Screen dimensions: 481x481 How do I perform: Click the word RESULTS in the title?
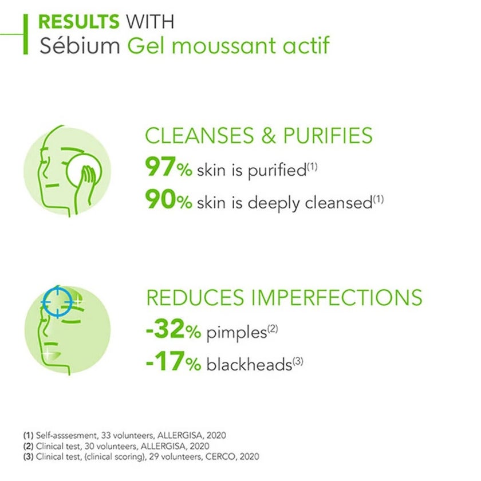tap(79, 22)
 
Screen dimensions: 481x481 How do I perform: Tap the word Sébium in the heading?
tap(80, 45)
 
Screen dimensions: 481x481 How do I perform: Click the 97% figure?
tap(169, 167)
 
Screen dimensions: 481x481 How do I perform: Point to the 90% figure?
tap(169, 199)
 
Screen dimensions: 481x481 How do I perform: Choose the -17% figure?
tap(174, 361)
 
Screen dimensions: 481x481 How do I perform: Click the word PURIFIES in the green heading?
tap(328, 136)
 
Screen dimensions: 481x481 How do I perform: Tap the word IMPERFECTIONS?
tap(337, 297)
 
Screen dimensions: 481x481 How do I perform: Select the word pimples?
tap(236, 333)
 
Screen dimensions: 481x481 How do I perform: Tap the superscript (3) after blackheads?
tap(298, 361)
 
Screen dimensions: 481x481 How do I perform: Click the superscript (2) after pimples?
tap(273, 329)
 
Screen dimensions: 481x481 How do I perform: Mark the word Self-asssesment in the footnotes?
tap(66, 435)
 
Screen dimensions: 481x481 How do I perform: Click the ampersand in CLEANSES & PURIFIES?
tap(269, 136)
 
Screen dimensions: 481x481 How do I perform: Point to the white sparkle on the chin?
tap(48, 353)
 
